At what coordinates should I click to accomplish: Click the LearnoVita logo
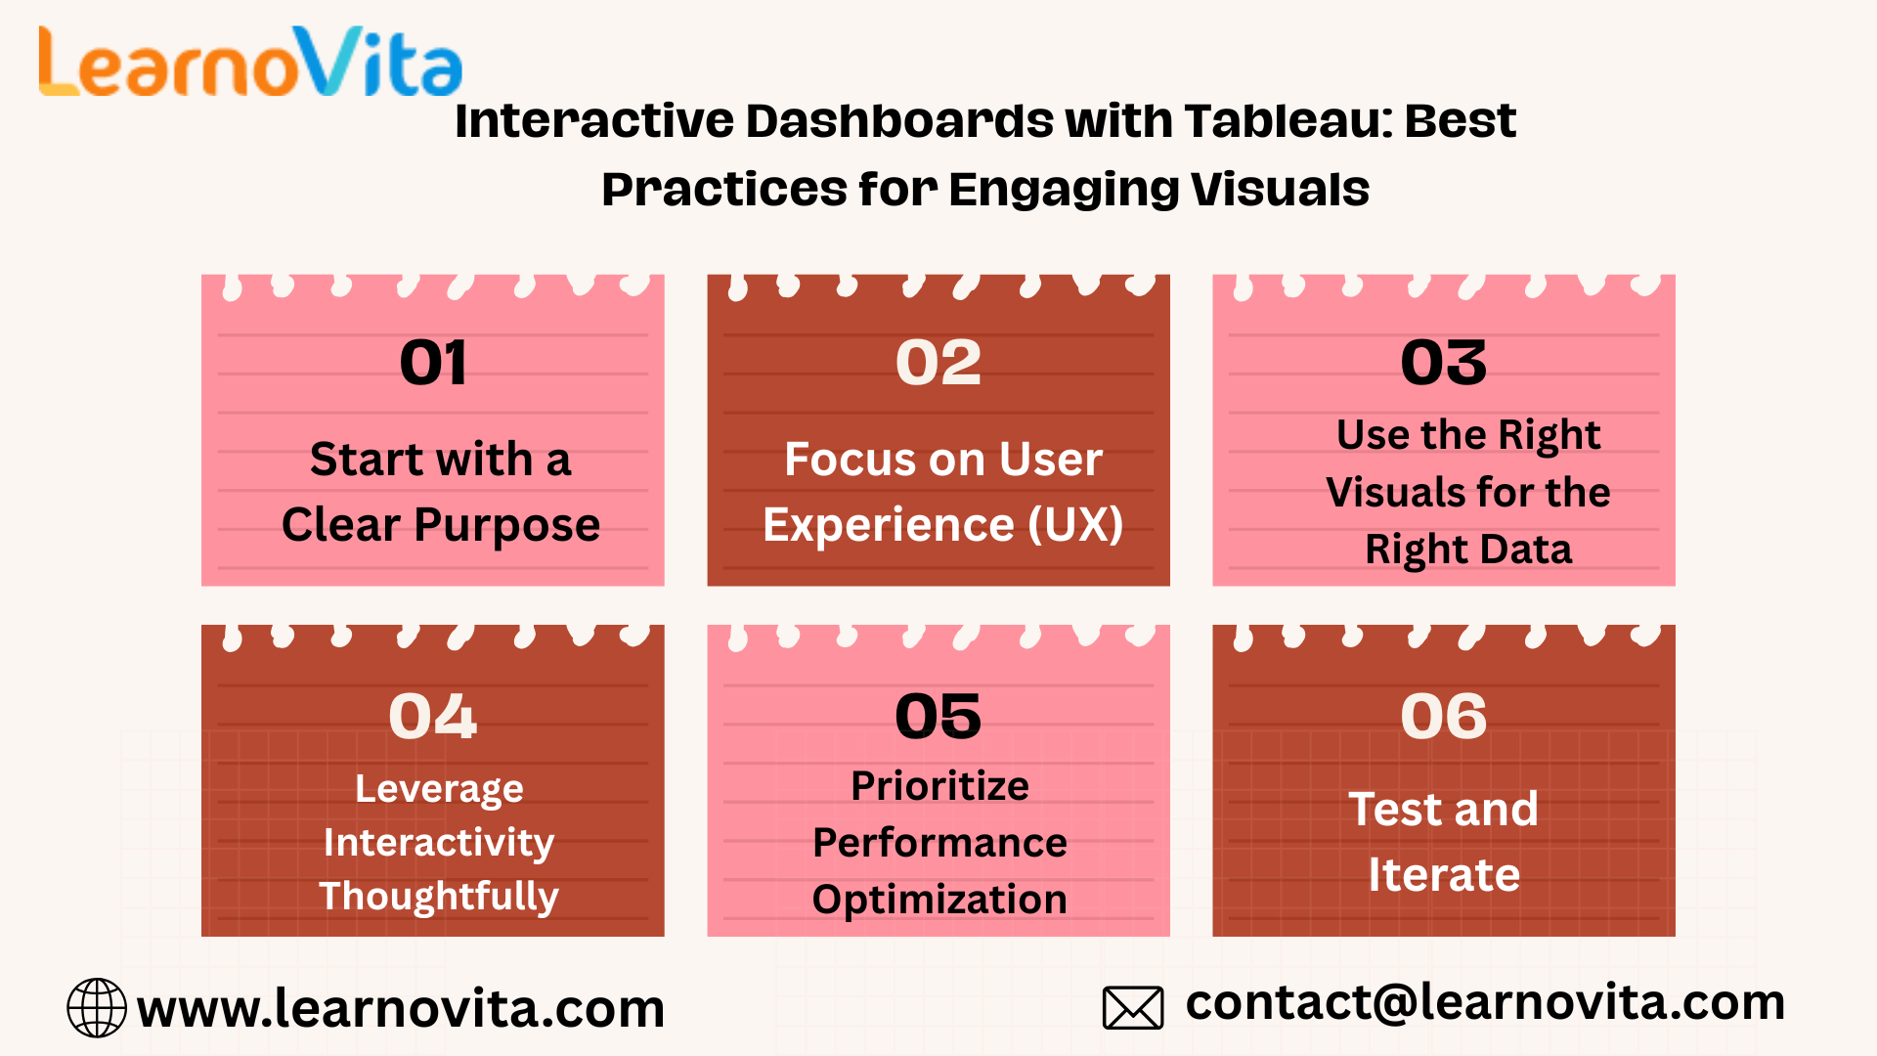[250, 62]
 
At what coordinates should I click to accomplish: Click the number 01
[433, 363]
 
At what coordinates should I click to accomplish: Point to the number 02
[938, 363]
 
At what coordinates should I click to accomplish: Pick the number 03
[1444, 363]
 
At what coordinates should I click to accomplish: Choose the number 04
[433, 716]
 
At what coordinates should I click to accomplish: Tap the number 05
[938, 716]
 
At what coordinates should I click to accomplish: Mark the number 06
[1444, 716]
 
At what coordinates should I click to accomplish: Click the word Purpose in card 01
[506, 526]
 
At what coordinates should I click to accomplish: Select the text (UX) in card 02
[1075, 525]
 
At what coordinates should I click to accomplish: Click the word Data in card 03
[1529, 550]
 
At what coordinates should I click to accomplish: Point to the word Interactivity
[439, 843]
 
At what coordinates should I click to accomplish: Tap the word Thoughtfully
[439, 897]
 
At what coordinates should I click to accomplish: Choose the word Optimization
[939, 900]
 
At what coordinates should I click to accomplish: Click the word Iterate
[1444, 874]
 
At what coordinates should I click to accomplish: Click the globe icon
[97, 1007]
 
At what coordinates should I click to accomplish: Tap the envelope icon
[1133, 1008]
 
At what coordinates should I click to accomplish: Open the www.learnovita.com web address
[401, 1009]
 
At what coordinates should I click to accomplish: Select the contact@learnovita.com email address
[1486, 1002]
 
